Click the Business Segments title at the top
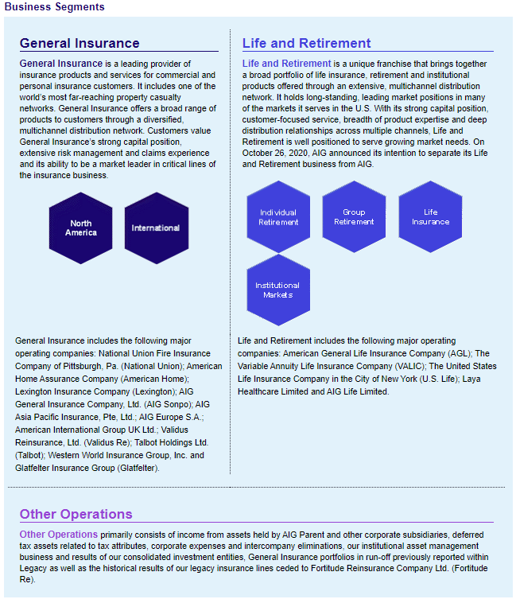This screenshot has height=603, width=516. click(x=54, y=7)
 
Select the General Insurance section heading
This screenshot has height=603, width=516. click(x=80, y=43)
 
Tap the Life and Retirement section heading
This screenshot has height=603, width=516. click(x=306, y=43)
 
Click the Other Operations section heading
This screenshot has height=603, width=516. click(x=76, y=514)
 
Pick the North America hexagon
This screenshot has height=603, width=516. click(x=81, y=228)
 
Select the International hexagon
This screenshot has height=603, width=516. click(x=156, y=228)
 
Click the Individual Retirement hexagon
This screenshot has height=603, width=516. click(x=278, y=217)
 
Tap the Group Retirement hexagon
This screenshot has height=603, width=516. click(x=354, y=217)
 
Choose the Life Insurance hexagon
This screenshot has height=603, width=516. click(x=430, y=217)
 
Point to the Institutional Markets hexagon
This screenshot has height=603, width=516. click(x=278, y=290)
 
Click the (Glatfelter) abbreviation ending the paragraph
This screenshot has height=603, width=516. click(x=138, y=468)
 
